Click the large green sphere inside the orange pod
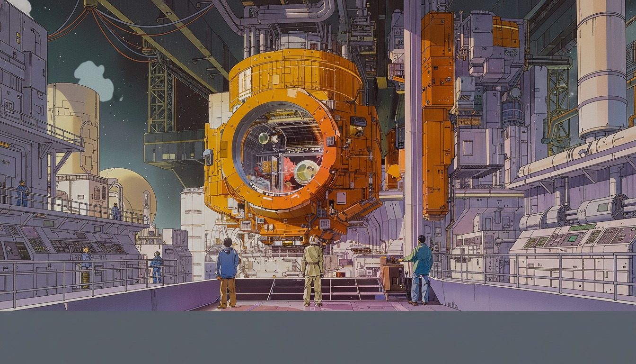[x=306, y=172]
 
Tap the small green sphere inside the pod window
[x=264, y=138]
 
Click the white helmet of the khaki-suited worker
[x=313, y=240]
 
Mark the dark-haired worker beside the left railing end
[x=156, y=266]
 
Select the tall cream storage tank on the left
[x=73, y=128]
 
